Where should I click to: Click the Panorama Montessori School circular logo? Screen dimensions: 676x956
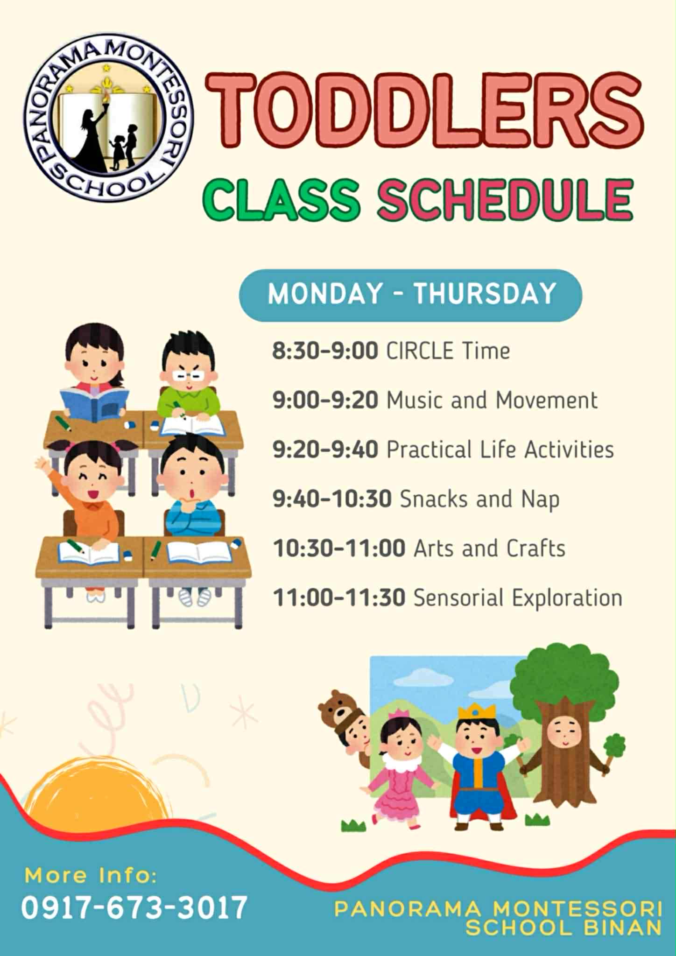[x=108, y=118]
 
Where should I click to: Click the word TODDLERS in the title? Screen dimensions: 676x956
[x=425, y=111]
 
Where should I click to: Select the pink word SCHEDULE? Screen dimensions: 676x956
[x=505, y=199]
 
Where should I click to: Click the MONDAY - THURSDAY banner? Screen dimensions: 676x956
[x=410, y=295]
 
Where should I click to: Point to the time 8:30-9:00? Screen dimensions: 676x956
[x=325, y=351]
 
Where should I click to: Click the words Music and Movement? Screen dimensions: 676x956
[x=492, y=400]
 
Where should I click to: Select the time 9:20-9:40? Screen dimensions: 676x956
[x=325, y=450]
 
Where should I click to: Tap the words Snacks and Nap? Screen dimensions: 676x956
[x=479, y=499]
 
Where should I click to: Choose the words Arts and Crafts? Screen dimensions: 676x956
[x=489, y=548]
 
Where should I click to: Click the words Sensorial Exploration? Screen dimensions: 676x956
[x=518, y=598]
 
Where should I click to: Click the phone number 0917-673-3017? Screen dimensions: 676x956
[x=134, y=908]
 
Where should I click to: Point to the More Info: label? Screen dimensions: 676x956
[x=91, y=875]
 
